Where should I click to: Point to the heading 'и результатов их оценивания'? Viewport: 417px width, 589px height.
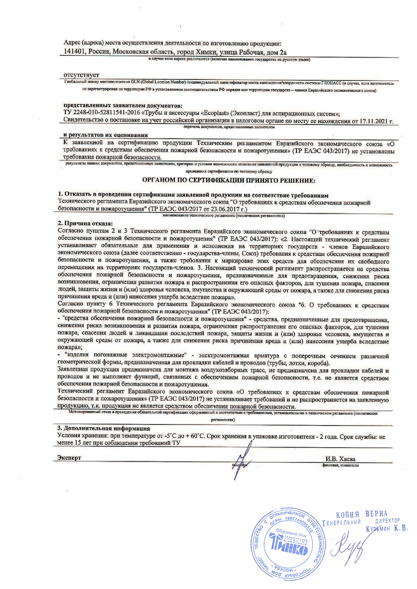click(105, 135)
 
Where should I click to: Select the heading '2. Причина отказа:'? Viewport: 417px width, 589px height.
click(85, 223)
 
